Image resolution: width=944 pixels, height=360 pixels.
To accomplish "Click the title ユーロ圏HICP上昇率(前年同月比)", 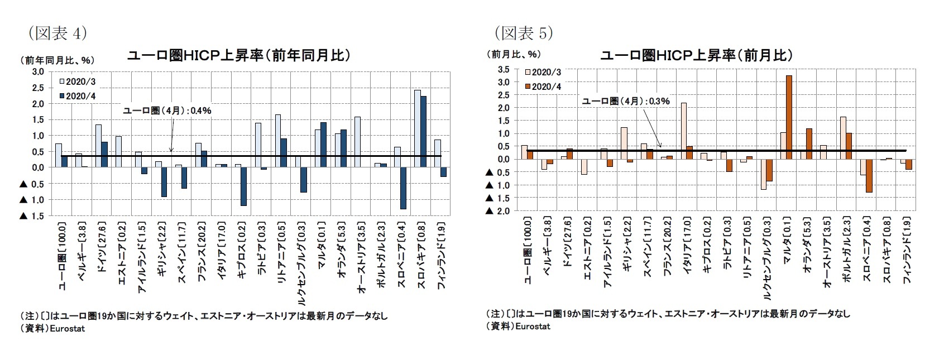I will point(239,56).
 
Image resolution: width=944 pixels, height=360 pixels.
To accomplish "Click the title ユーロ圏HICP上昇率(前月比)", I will point(696,55).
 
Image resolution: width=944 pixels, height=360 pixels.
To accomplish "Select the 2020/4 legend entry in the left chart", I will point(78,96).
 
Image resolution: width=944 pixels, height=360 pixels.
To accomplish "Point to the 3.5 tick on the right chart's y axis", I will point(503,69).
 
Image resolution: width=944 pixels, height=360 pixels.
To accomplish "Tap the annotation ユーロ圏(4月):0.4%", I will point(167,111).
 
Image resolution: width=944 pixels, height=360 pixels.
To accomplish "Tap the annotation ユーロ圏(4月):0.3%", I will point(625,101).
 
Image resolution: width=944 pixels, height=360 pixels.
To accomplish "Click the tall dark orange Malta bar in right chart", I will point(789,117).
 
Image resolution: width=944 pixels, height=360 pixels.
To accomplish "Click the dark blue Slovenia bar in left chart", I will point(402,188).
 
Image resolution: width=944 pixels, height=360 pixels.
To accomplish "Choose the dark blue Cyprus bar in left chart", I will point(243,186).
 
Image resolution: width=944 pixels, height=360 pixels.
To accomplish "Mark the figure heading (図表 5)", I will point(523,33).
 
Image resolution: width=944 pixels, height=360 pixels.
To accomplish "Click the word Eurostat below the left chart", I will point(68,328).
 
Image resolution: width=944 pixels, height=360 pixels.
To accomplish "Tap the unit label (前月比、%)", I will point(515,54).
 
